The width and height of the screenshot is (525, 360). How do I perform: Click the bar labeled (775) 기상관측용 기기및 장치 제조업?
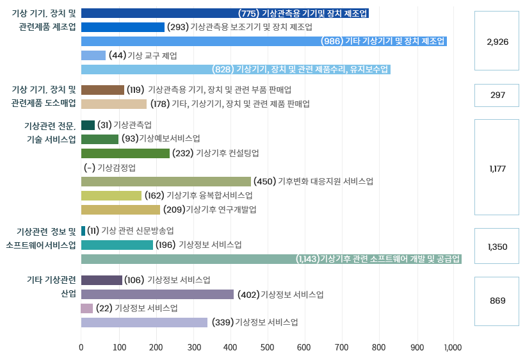click(225, 13)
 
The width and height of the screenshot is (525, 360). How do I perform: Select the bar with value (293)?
click(123, 27)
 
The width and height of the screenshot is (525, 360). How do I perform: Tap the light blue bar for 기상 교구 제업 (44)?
click(93, 56)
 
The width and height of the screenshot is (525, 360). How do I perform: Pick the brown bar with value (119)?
click(102, 90)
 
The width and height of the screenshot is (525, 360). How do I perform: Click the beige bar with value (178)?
click(114, 104)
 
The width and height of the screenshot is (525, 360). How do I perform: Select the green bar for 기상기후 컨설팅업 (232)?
click(125, 153)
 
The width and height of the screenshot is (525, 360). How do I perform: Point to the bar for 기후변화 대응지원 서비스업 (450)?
click(166, 181)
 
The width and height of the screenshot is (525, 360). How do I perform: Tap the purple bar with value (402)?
click(157, 295)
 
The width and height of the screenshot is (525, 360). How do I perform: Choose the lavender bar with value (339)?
click(144, 322)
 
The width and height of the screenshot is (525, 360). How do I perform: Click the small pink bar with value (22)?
click(87, 308)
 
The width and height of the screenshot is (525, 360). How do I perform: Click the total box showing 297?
click(497, 95)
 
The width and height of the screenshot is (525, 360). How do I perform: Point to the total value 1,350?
click(497, 247)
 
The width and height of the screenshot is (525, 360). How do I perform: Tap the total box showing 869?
click(497, 300)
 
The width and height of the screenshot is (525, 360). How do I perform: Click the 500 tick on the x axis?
click(267, 347)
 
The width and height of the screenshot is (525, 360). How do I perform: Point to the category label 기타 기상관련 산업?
click(51, 287)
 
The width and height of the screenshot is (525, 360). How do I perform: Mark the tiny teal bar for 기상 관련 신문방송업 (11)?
click(83, 231)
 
